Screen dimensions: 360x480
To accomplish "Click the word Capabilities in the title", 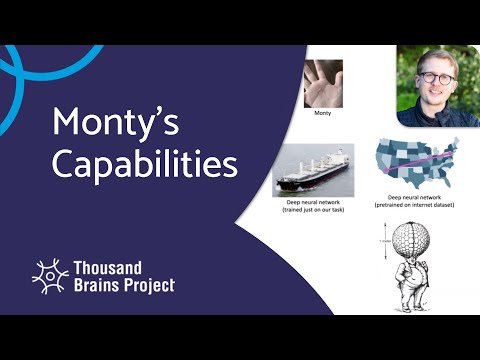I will pos(145,163).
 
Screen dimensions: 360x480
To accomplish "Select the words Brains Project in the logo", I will pos(124,285).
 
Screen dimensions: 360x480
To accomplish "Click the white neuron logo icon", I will pos(49,276).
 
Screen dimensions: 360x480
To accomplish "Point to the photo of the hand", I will pos(323,84).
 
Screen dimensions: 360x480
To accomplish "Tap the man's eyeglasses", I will pos(437,77).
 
